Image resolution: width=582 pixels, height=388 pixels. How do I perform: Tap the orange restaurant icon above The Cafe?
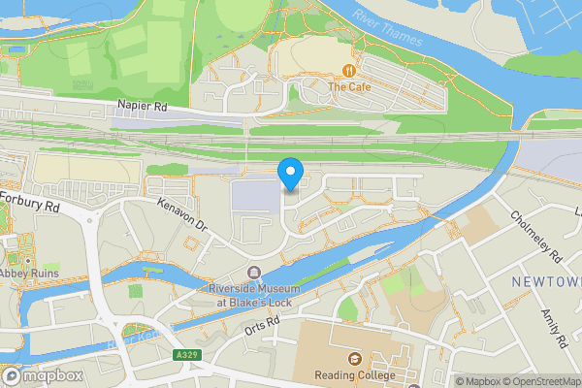pyautogui.click(x=348, y=70)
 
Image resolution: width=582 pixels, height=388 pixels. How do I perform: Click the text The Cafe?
pyautogui.click(x=349, y=87)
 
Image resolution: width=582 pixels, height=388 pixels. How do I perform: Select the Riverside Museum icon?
pyautogui.click(x=254, y=273)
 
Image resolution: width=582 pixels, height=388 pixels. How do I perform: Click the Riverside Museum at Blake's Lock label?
pyautogui.click(x=254, y=295)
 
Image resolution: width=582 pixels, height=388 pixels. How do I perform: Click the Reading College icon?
pyautogui.click(x=354, y=360)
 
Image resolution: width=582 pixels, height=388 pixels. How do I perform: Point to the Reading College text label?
pyautogui.click(x=354, y=375)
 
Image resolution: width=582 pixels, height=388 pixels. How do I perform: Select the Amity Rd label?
pyautogui.click(x=555, y=325)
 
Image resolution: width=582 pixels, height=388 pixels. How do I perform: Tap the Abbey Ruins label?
pyautogui.click(x=29, y=274)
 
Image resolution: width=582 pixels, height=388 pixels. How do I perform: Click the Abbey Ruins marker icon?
pyautogui.click(x=29, y=259)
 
